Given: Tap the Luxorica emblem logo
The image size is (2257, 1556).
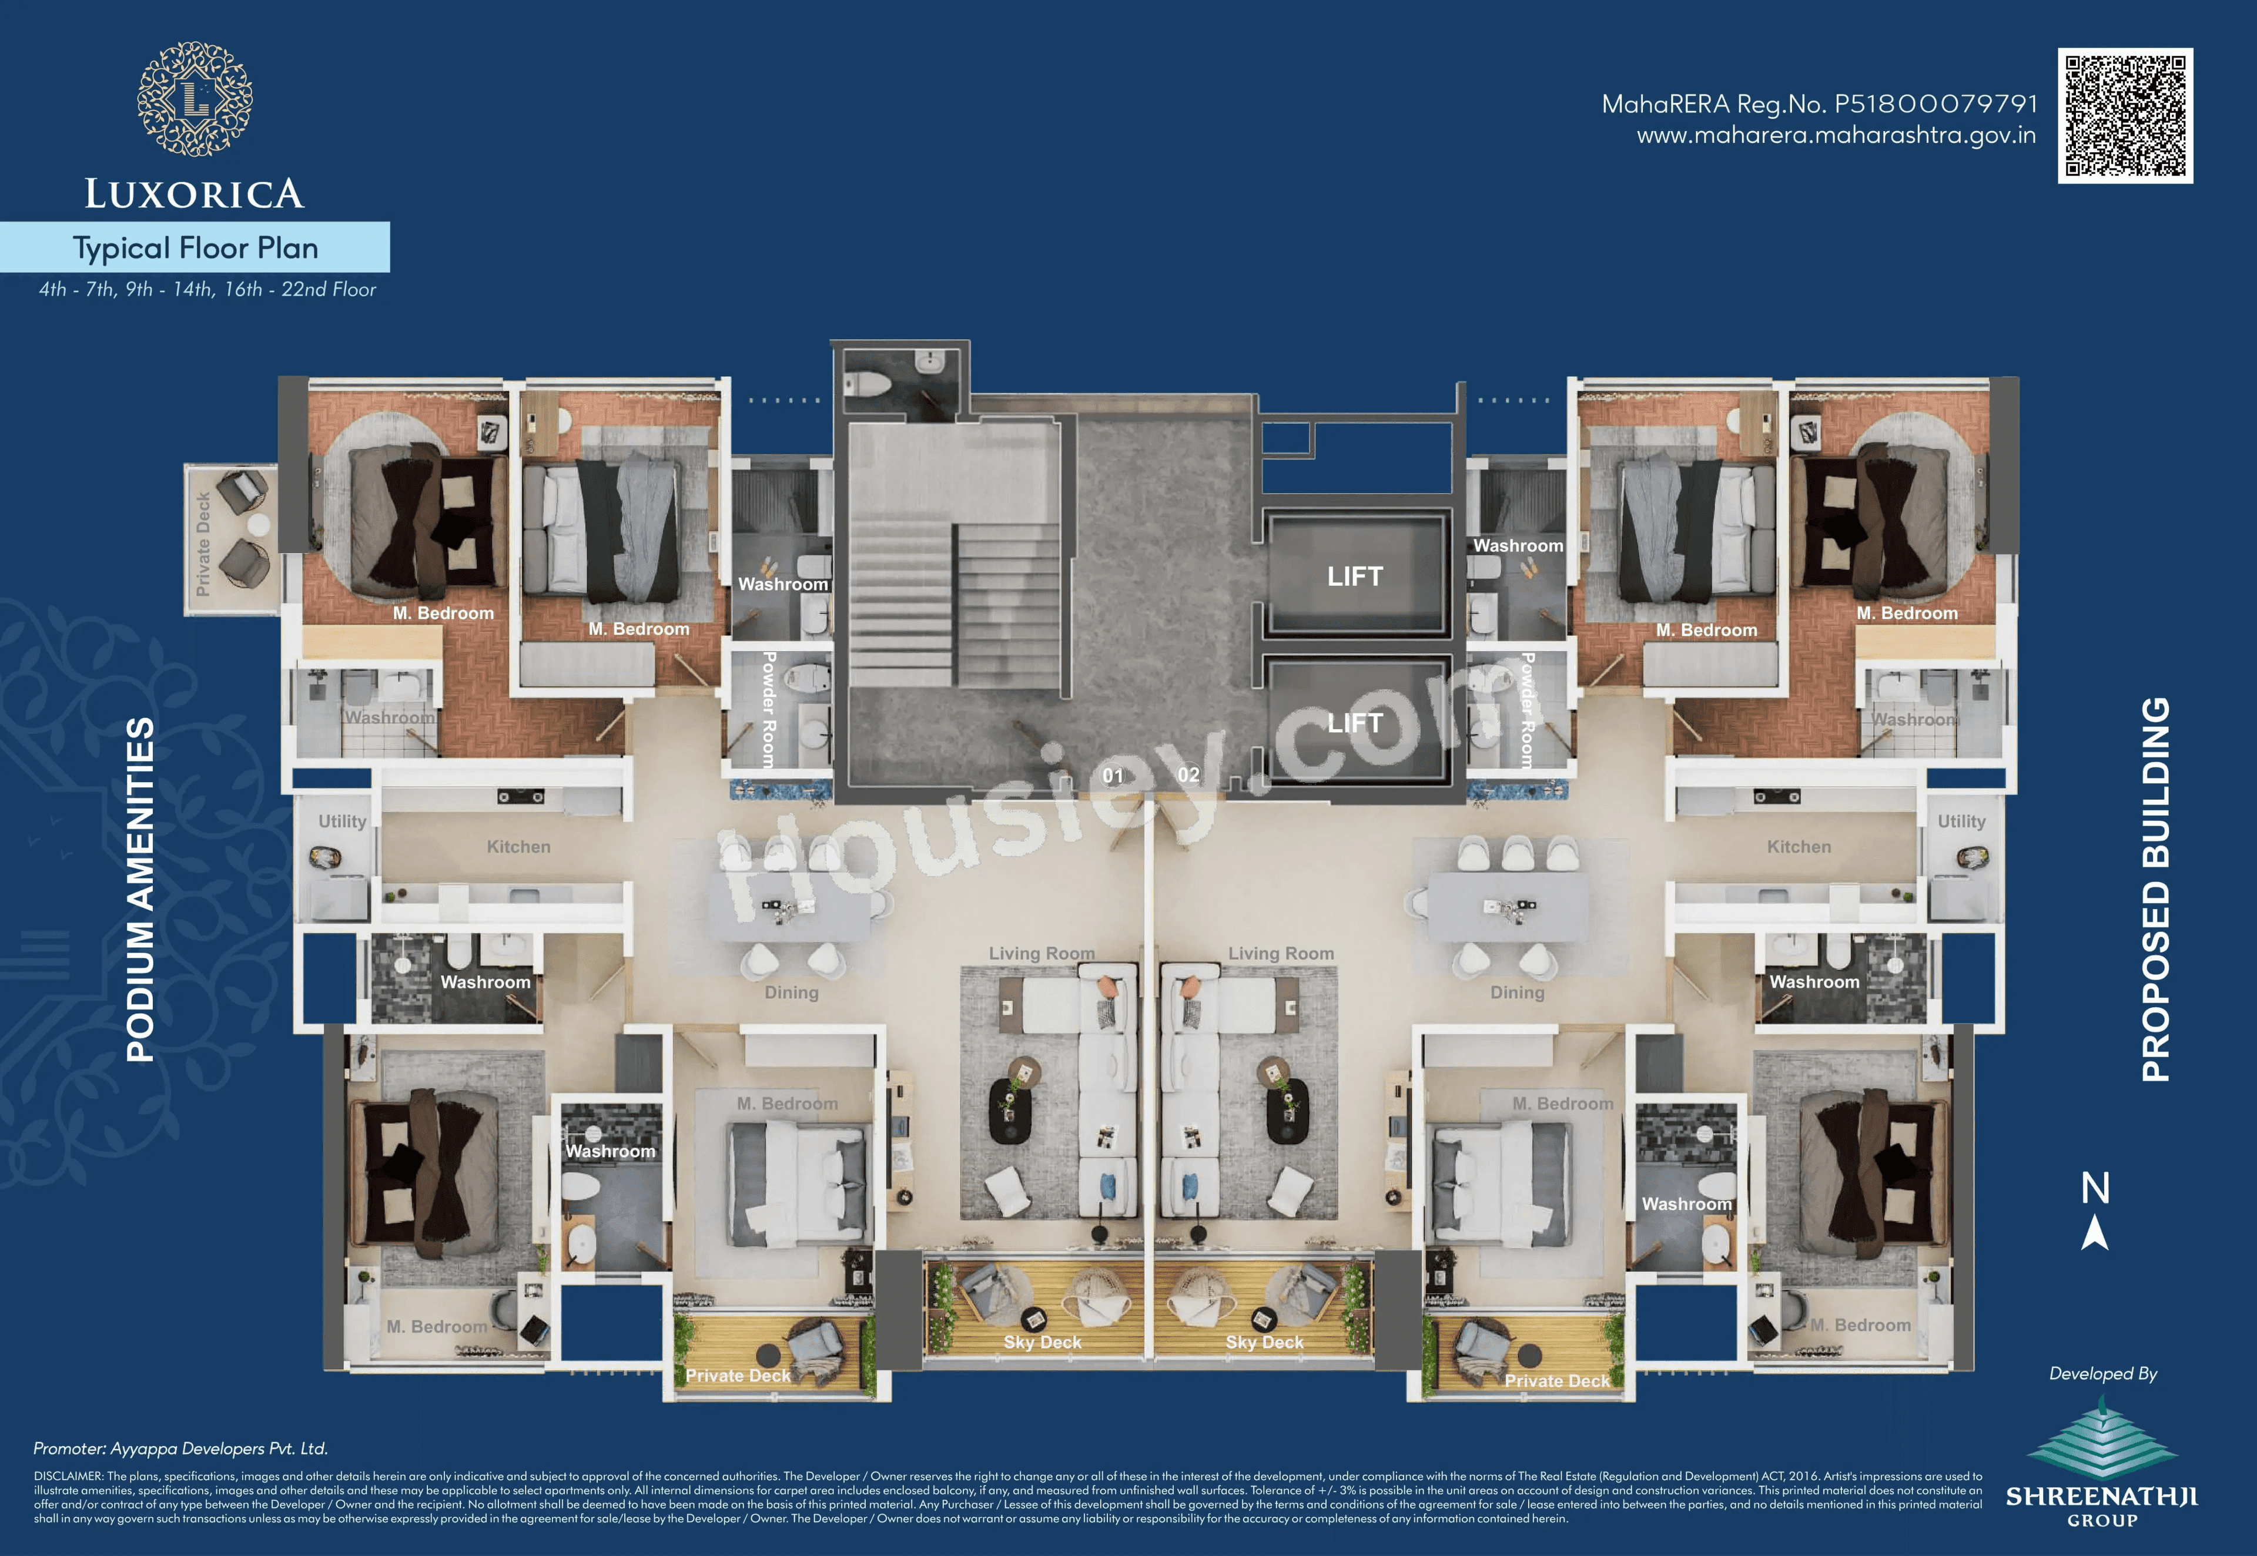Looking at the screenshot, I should point(195,99).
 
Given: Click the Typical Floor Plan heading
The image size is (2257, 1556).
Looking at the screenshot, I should point(195,247).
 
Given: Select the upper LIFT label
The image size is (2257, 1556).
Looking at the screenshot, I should point(1354,576).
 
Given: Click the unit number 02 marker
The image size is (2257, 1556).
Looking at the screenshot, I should point(1187,775).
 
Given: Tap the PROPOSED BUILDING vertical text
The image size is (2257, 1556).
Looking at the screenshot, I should point(2155,889).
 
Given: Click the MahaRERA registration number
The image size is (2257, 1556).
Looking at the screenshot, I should point(1819,103).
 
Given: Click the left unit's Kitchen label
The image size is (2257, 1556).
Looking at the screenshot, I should point(518,846).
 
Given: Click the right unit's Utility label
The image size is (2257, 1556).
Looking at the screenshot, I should point(1961,821).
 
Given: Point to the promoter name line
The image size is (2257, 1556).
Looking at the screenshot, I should point(180,1448).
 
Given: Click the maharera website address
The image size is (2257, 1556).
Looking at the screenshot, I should point(1836,136).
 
